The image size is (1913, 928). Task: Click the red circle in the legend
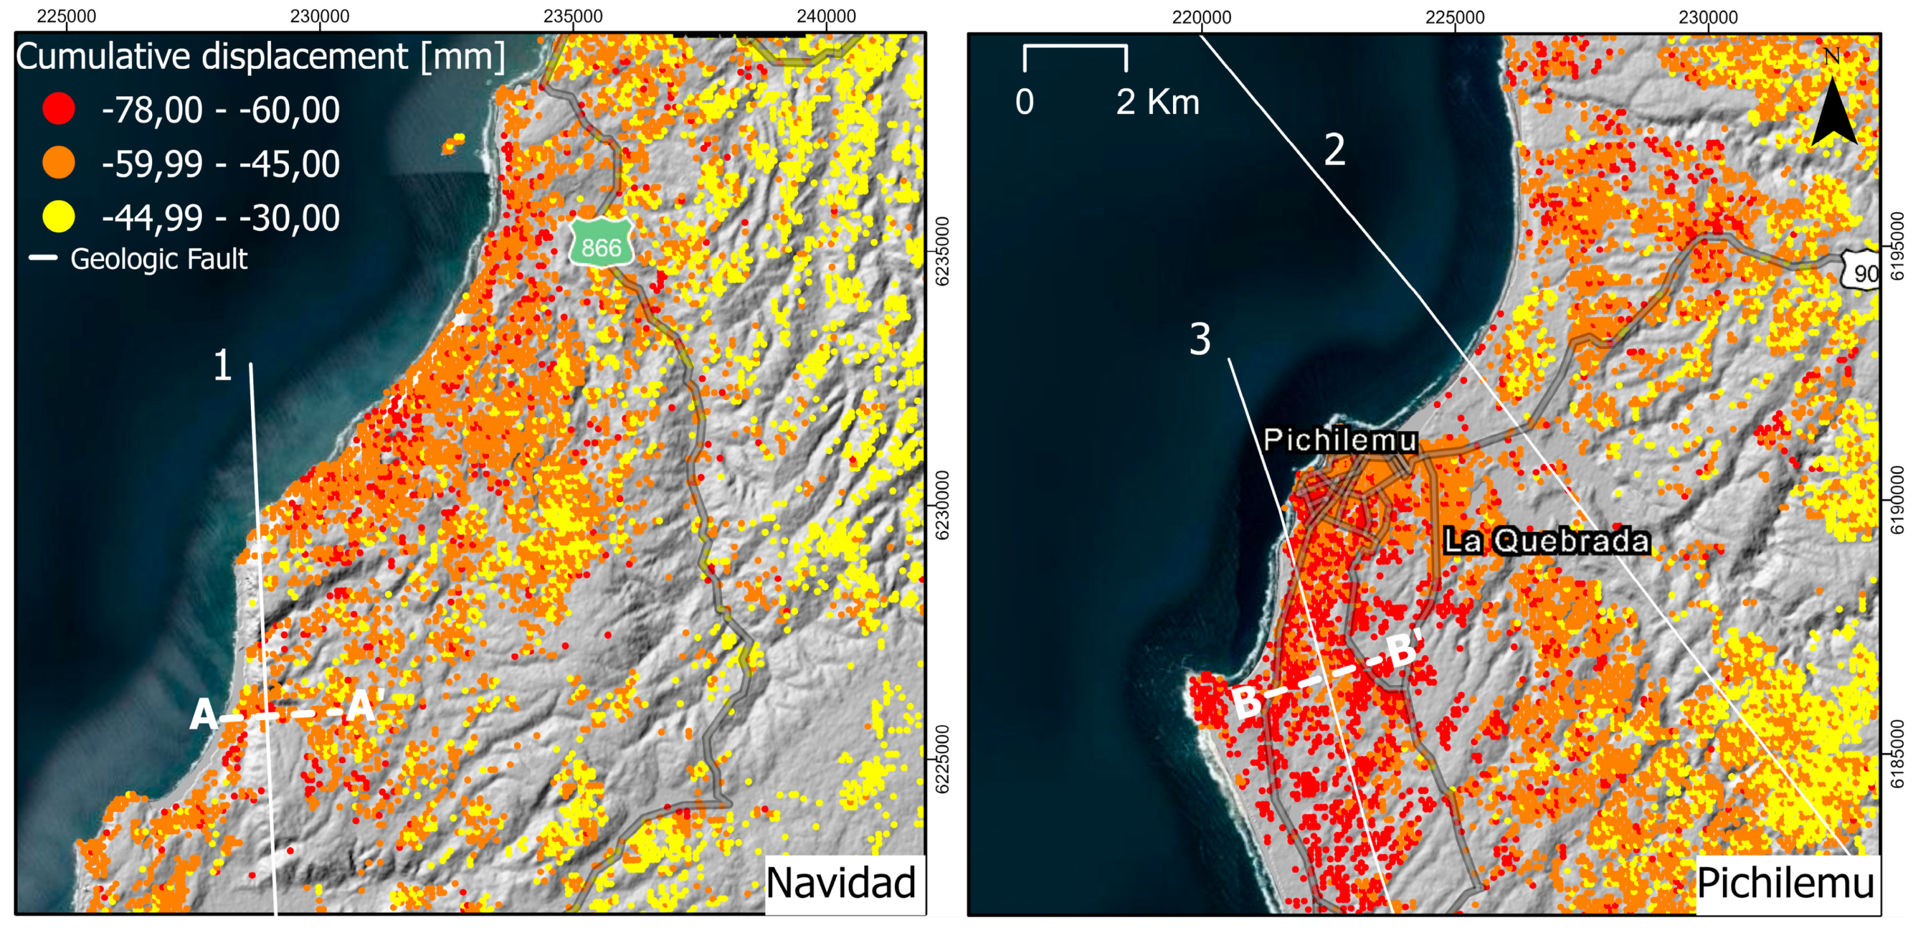pos(59,108)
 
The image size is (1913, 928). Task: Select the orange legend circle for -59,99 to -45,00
pos(59,163)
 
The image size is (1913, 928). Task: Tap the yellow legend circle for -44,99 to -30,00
pos(59,216)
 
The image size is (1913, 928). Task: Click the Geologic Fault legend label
pos(158,259)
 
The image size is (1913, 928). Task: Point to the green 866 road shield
pos(601,244)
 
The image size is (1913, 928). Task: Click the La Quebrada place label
pos(1546,541)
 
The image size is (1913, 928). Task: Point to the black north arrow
pos(1833,111)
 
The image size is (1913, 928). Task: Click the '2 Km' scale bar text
pos(1157,102)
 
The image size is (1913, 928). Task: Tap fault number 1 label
pos(223,365)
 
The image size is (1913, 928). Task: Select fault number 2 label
pos(1335,150)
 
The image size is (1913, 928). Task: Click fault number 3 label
pos(1200,339)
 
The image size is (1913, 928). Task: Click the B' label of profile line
pos(1404,648)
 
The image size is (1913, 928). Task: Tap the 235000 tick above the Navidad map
pos(573,16)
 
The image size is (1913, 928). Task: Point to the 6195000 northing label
pos(1897,246)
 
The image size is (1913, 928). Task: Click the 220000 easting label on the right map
pos(1201,16)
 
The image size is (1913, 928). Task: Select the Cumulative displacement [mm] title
pos(260,56)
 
